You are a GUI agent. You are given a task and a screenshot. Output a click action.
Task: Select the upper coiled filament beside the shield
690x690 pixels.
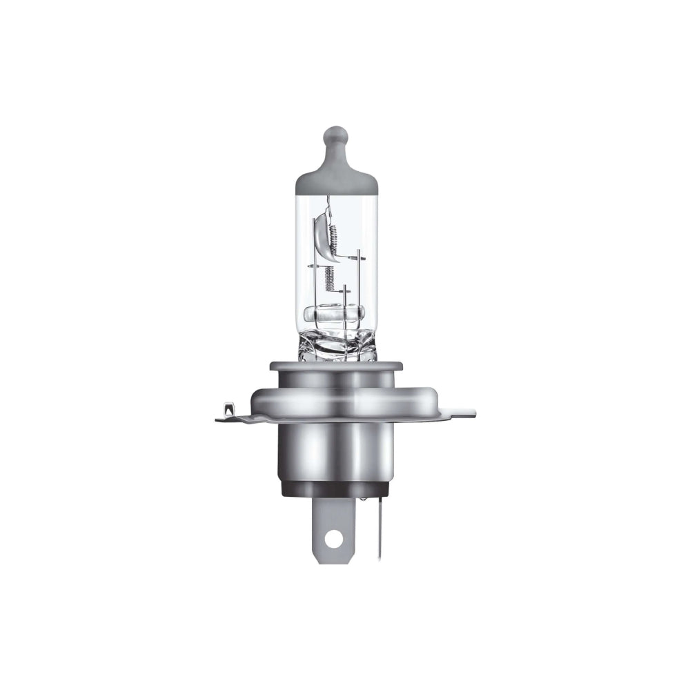[331, 235]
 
